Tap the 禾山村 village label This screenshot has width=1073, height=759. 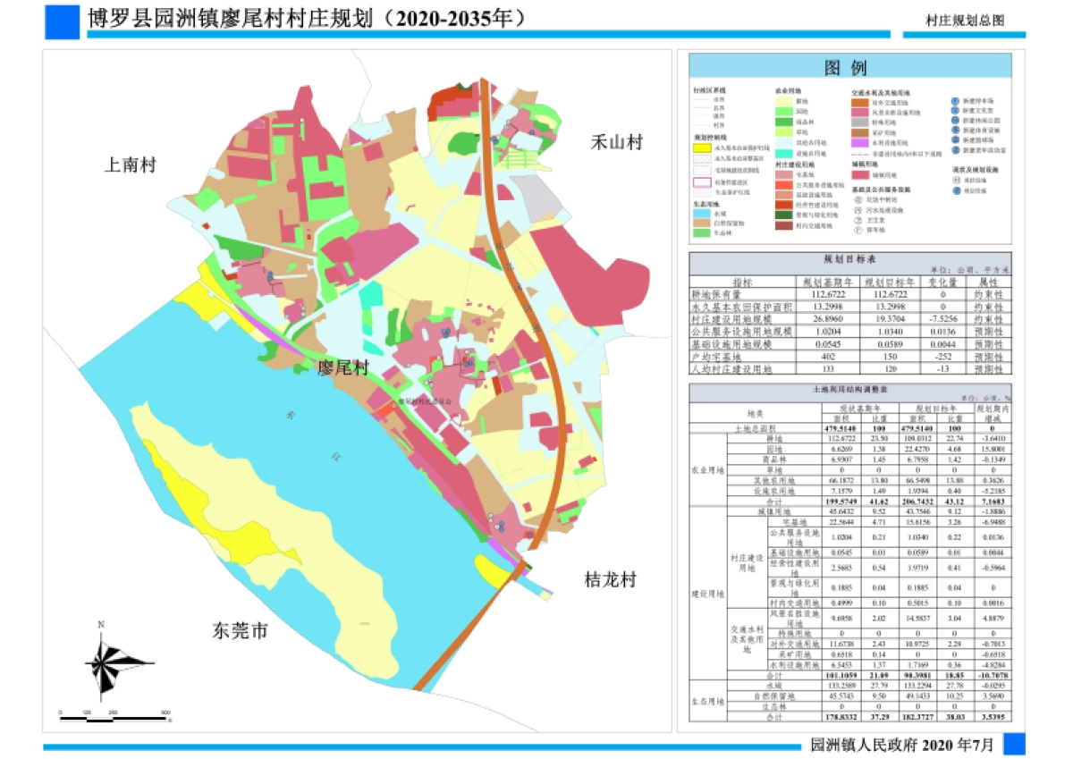pos(616,142)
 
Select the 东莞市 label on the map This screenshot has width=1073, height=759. pos(240,631)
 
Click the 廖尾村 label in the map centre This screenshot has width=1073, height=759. pos(344,368)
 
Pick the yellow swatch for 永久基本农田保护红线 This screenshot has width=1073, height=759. pos(701,148)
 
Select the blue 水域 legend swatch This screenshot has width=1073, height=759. pos(701,213)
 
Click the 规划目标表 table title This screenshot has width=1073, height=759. pos(849,257)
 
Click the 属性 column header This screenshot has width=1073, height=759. pos(987,281)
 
